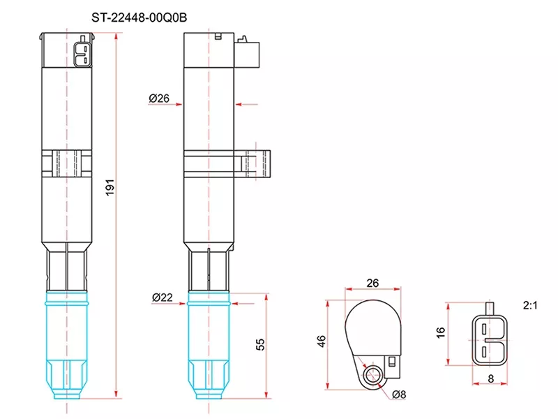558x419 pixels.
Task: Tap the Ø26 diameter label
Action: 159,99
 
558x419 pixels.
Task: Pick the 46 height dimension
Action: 322,342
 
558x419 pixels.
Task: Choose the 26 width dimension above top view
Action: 372,284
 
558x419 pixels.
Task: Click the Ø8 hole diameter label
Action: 399,395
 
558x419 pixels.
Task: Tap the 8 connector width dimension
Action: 492,378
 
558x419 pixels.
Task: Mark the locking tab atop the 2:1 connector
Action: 492,308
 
